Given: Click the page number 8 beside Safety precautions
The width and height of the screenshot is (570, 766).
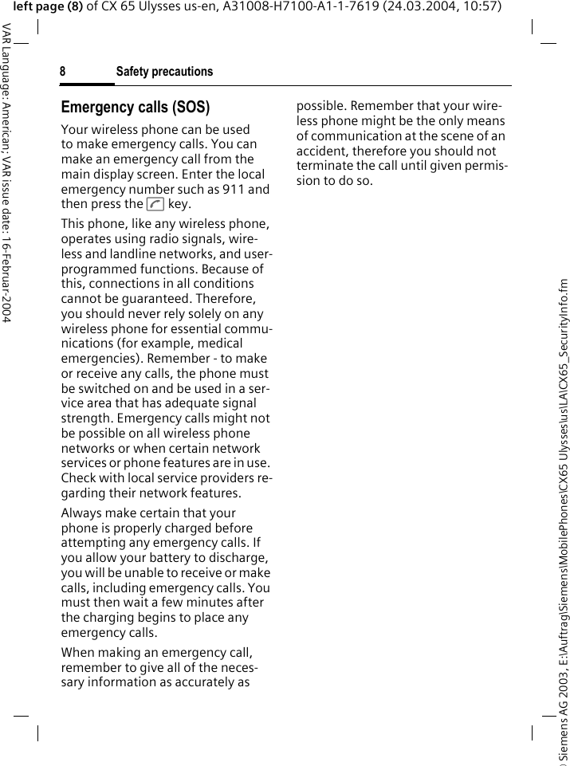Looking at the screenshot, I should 62,72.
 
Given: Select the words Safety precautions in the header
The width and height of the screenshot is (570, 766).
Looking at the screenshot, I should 164,72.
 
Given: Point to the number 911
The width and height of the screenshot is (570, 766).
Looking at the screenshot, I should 237,189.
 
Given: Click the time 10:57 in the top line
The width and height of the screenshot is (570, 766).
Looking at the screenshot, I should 483,7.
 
